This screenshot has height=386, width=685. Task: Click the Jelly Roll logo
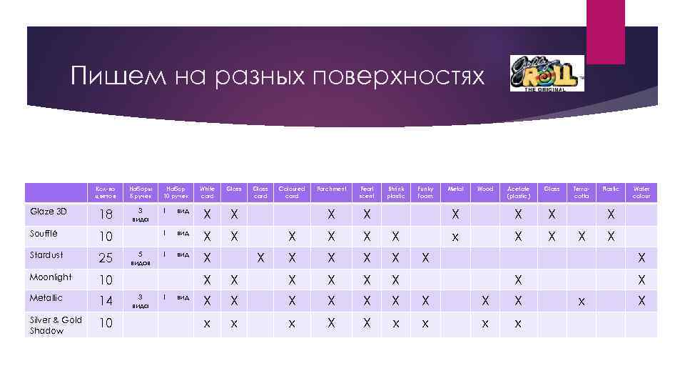(547, 73)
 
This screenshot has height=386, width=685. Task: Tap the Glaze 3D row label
(49, 212)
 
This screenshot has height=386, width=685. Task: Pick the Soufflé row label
(44, 234)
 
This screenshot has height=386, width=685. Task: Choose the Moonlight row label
(51, 277)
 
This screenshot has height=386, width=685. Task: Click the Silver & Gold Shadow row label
(56, 325)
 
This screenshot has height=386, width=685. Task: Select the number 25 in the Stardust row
(105, 258)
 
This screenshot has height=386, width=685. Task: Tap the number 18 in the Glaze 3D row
(105, 215)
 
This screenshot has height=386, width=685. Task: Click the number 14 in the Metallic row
(105, 301)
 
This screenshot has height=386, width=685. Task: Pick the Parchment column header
(331, 189)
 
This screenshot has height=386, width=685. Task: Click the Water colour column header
(641, 192)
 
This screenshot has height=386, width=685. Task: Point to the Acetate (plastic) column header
(519, 192)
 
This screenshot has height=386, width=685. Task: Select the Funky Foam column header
(425, 192)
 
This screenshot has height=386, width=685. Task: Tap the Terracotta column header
(582, 192)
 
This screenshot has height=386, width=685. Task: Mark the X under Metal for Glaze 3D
(455, 214)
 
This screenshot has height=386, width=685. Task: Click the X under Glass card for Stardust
(260, 257)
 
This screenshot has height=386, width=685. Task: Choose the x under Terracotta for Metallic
(582, 302)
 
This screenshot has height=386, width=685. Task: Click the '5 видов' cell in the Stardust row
(141, 258)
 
